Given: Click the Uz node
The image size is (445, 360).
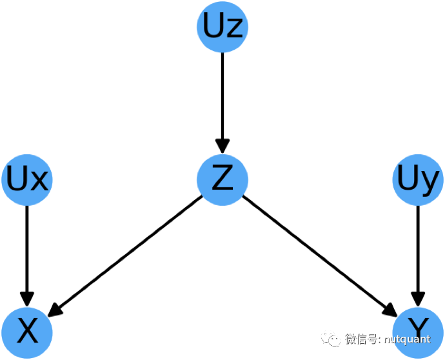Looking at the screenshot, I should [x=222, y=26].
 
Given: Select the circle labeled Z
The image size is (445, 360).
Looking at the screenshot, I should [x=222, y=179].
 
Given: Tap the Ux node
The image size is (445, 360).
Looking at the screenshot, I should [x=27, y=179].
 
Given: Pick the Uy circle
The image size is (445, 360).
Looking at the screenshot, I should [x=418, y=179].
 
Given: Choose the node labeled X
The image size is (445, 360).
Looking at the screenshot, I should [x=27, y=332].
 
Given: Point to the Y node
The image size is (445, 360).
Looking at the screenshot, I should [x=418, y=332].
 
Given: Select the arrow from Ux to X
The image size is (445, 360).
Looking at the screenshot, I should [x=27, y=252].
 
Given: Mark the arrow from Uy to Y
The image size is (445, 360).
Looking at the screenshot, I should [x=418, y=252].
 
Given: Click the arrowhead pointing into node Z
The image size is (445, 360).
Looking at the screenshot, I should [x=222, y=145].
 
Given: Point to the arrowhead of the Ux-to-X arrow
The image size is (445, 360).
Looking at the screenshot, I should [x=27, y=297].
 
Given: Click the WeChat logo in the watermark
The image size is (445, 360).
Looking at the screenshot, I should [x=332, y=339].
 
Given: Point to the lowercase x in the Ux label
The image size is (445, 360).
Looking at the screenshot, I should [x=39, y=181].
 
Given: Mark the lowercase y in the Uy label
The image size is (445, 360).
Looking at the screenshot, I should [x=430, y=183].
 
